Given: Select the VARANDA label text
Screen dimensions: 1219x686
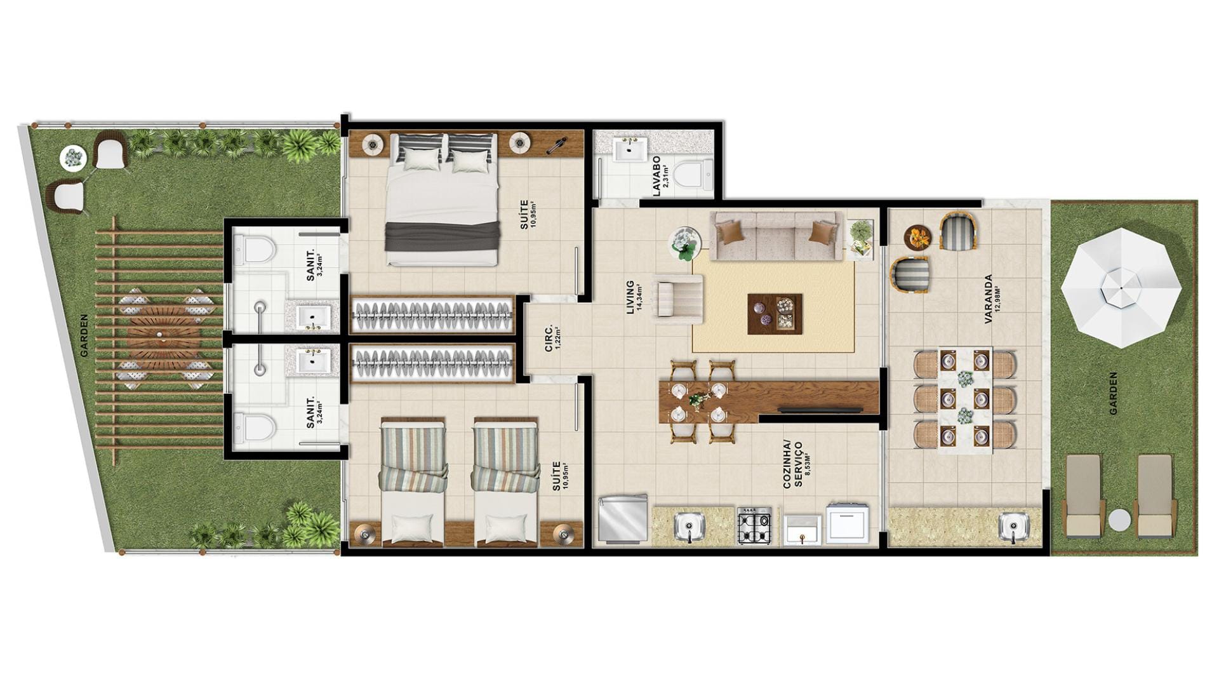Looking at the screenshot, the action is (x=989, y=300).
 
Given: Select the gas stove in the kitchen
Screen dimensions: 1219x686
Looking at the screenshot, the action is (x=754, y=525).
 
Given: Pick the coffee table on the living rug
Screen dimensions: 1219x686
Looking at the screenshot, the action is (x=775, y=313).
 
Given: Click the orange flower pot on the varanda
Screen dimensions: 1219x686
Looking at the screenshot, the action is (x=917, y=237).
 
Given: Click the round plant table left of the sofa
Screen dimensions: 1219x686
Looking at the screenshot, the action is (x=685, y=243).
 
